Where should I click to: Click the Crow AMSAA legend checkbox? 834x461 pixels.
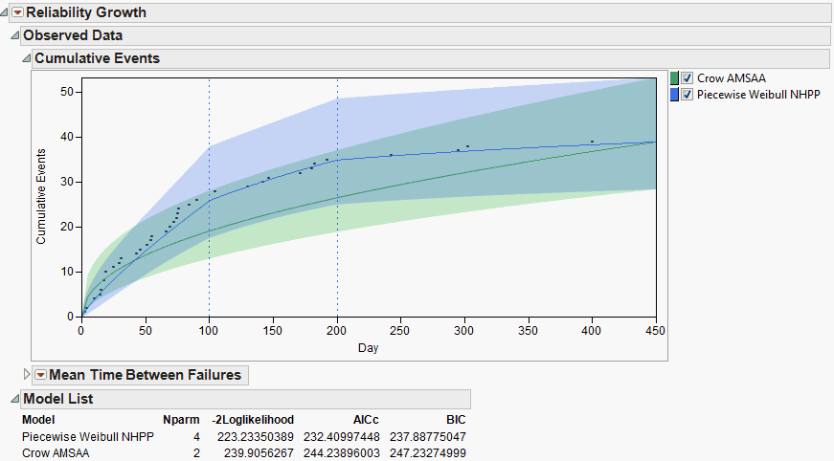[687, 78]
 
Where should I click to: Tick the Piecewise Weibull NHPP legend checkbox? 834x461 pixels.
[687, 95]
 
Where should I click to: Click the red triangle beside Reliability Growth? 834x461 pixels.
[16, 12]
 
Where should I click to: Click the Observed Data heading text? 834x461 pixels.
[73, 35]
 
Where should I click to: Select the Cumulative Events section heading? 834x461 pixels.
[97, 58]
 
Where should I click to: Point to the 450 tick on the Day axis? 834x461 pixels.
[655, 330]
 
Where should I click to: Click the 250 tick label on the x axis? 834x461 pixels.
[400, 330]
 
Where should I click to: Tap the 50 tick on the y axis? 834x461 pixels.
[69, 92]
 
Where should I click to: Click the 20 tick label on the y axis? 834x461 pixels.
[69, 227]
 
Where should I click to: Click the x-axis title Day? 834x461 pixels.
[369, 348]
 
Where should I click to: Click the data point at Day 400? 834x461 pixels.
[592, 142]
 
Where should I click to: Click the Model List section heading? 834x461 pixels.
[58, 399]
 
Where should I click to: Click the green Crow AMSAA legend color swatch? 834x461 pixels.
[674, 78]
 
